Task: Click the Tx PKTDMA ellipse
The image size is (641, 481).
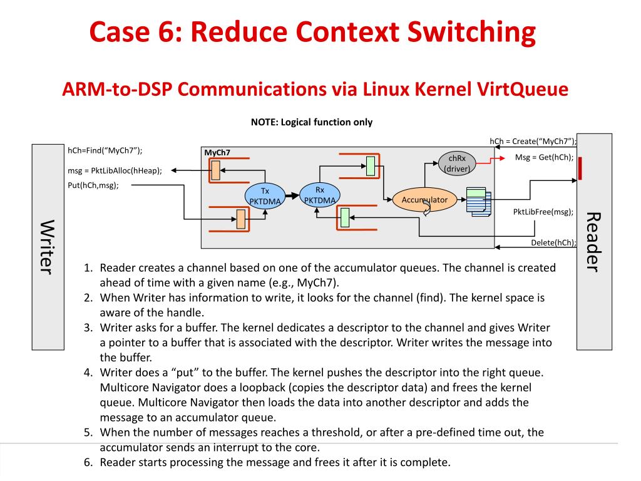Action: (x=265, y=196)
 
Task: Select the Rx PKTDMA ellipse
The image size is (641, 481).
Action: (x=320, y=195)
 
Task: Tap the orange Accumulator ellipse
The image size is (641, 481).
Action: (x=424, y=200)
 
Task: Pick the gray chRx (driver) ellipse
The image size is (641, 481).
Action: (x=456, y=163)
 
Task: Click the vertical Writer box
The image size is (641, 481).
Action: (x=48, y=247)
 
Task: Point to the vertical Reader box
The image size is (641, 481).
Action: (x=594, y=242)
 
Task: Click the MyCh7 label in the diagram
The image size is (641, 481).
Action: (x=217, y=153)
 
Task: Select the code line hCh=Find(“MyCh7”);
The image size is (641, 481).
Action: (x=105, y=150)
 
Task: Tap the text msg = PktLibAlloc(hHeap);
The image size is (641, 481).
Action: (x=115, y=170)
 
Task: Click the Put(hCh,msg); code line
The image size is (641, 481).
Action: (x=93, y=185)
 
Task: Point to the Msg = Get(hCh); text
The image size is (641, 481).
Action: (x=544, y=157)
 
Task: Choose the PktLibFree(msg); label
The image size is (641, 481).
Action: (x=543, y=212)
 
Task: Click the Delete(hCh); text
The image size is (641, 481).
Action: (x=553, y=242)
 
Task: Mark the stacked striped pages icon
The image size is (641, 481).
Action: (x=479, y=202)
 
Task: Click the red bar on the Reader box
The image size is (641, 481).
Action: (x=580, y=168)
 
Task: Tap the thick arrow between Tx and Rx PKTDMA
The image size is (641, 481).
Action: (x=292, y=196)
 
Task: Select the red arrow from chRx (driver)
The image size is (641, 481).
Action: (x=491, y=161)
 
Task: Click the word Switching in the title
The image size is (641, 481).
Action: (x=471, y=32)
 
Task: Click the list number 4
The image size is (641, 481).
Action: (x=88, y=373)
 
